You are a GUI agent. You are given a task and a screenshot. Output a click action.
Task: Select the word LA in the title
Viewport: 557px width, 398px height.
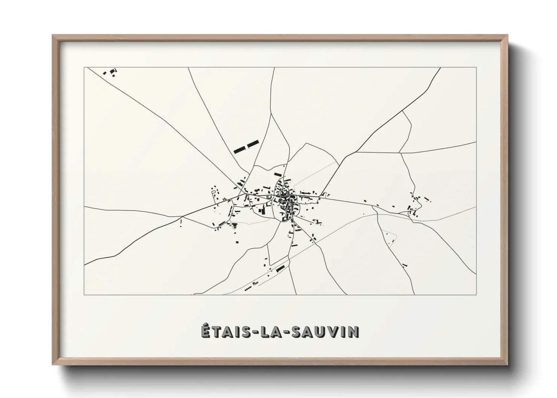coord(267,331)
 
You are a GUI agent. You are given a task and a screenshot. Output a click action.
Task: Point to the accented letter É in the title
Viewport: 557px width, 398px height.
coord(205,331)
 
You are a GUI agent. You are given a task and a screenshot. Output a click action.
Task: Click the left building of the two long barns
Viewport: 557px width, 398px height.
coord(239,150)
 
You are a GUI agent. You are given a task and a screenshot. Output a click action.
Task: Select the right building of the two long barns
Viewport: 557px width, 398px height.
coord(253,144)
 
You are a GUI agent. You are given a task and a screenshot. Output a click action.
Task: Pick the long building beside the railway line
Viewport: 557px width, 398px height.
coord(280,269)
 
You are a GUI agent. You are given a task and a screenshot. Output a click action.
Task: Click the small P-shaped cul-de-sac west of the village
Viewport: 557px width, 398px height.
coord(214,192)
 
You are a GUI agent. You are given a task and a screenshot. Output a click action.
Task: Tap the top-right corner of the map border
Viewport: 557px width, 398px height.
coord(476,67)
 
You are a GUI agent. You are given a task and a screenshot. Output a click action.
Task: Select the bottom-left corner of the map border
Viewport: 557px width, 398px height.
coord(84,295)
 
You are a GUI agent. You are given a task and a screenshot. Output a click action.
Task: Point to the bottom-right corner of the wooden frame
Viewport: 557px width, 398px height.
coord(507,365)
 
